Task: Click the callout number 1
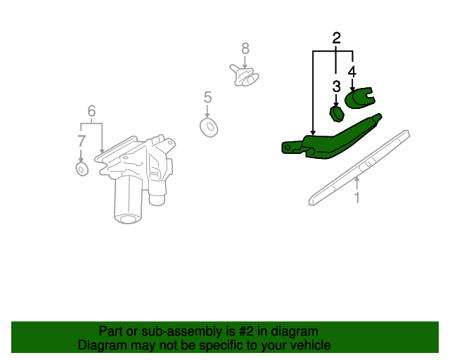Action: [356, 198]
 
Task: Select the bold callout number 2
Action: [336, 38]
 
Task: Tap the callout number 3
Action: [336, 86]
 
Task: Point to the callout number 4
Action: [352, 72]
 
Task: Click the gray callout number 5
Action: [207, 97]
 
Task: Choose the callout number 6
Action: [91, 111]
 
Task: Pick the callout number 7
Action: [82, 141]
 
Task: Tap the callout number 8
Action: [245, 49]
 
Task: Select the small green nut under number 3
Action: [337, 114]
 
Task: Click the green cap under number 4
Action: [359, 98]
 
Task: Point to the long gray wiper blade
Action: [359, 167]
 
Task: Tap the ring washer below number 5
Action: [209, 127]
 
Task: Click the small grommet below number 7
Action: [82, 169]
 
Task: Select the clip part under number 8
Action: [244, 75]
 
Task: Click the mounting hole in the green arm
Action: [288, 148]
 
